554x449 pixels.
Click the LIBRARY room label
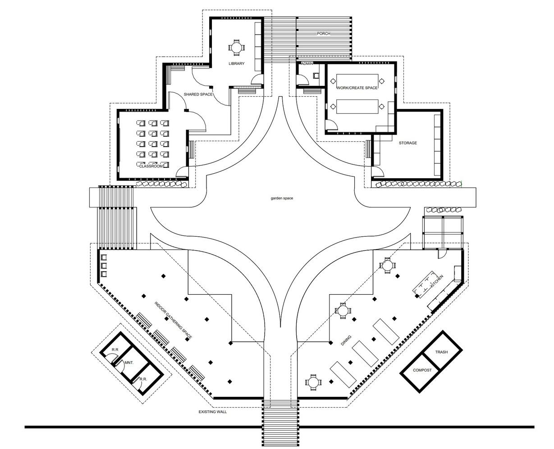pos(236,63)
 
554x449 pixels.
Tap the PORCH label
pos(323,34)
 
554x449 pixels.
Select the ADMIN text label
pos(307,64)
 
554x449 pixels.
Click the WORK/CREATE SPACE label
pos(357,88)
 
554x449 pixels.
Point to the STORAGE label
pos(407,143)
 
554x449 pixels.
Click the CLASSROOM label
pos(151,166)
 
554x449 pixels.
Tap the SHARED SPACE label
pos(198,94)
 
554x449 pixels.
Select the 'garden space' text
pos(282,198)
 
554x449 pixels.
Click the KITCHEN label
pos(437,282)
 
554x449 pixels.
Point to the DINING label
pos(346,340)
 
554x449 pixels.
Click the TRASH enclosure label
pos(441,352)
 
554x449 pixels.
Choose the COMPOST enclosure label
pos(422,371)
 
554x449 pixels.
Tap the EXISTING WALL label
pos(212,412)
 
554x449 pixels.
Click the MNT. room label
pos(128,362)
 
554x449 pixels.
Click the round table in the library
pos(236,47)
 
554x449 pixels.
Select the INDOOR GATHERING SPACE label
pos(173,320)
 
